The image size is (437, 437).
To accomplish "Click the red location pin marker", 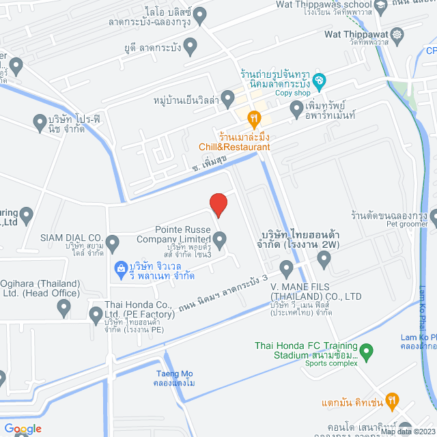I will coord(218,204).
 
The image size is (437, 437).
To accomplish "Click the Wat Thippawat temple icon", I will coord(398,34).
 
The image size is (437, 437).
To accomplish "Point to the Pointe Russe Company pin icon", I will coord(220,239).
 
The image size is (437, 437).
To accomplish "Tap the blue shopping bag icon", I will coord(120,268).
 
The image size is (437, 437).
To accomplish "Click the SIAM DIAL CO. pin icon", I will coord(113,240).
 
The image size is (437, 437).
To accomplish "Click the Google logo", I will coord(22,428).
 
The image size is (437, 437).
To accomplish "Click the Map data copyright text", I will coord(408,432).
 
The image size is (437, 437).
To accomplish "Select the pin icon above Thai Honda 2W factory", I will coord(325,258).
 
